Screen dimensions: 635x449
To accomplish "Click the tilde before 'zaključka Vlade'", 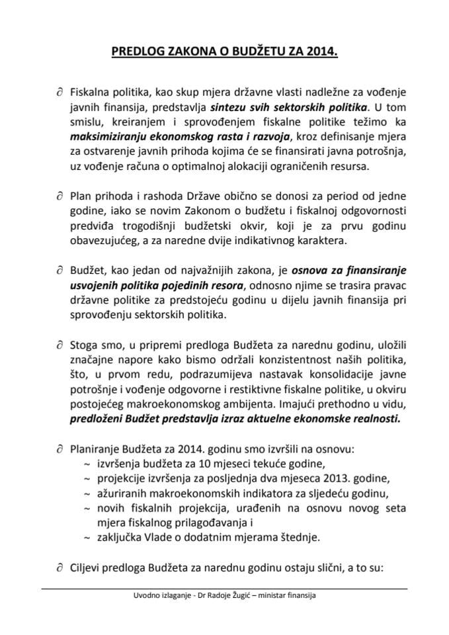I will pos(86,538).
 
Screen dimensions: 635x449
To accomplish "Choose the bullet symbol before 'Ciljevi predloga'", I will pos(60,567).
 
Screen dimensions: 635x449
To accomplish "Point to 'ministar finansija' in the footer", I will pos(288,595).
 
